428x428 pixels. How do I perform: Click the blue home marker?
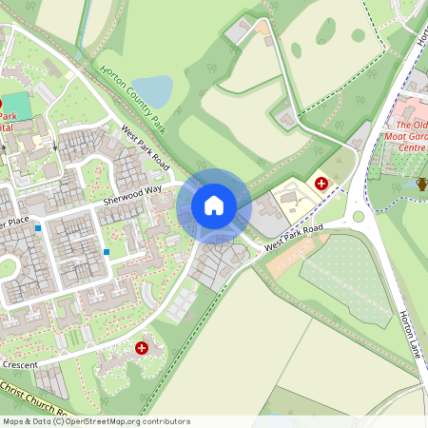point(214,205)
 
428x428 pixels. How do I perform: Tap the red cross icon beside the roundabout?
point(321,182)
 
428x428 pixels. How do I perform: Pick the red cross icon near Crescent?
point(143,349)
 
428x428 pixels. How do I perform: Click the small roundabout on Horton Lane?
point(359,216)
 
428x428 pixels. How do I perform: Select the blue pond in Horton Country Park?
point(157,90)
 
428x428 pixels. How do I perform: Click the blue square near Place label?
point(38,228)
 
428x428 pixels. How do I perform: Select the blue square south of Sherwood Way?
point(107,251)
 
